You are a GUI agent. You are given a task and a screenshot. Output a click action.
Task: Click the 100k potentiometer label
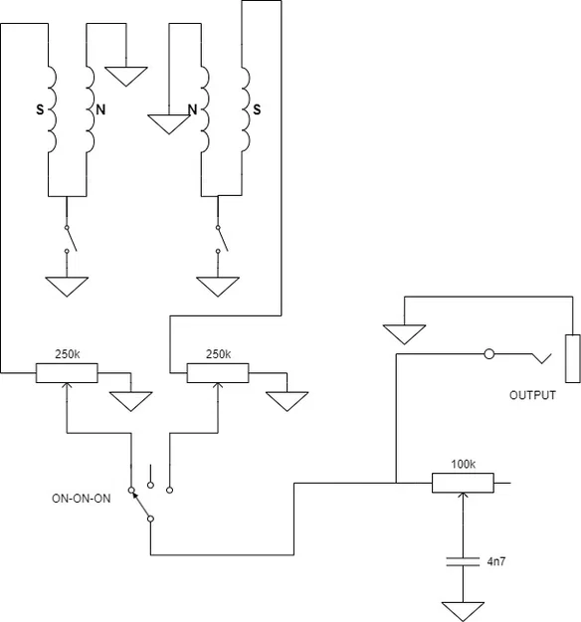[x=463, y=464]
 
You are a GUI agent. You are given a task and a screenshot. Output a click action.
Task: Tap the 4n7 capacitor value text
[x=496, y=561]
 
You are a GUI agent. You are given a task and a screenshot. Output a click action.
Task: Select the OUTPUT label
[x=532, y=395]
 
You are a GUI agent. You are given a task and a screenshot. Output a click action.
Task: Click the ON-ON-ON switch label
[x=82, y=499]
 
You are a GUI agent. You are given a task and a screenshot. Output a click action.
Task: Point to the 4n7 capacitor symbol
[x=463, y=561]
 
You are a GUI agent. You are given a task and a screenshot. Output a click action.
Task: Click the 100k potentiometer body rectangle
[x=463, y=483]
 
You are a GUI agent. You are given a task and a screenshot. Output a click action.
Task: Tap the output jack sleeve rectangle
[x=573, y=358]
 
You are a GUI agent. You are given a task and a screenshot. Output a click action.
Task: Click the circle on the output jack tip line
[x=489, y=354]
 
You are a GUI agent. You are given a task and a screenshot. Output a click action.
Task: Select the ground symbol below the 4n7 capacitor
[x=463, y=611]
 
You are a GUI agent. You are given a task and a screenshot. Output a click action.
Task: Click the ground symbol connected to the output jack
[x=405, y=334]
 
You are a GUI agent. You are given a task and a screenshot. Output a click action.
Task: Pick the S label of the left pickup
[x=40, y=109]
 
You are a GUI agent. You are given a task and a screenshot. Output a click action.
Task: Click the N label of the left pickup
[x=100, y=109]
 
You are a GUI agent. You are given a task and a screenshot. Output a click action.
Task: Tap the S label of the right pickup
[x=257, y=109]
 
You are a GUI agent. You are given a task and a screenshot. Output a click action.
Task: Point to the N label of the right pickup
[x=192, y=109]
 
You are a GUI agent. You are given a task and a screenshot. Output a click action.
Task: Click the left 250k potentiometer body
[x=67, y=373]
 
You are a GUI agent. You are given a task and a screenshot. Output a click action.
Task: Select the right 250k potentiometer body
[x=218, y=373]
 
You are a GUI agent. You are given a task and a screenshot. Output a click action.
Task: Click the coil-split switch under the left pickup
[x=70, y=239]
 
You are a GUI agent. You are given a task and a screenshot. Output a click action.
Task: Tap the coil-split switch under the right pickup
[x=221, y=239]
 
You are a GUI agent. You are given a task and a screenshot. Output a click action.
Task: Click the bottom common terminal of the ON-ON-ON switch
[x=150, y=518]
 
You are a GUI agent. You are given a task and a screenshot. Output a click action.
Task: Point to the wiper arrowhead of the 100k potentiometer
[x=463, y=496]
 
